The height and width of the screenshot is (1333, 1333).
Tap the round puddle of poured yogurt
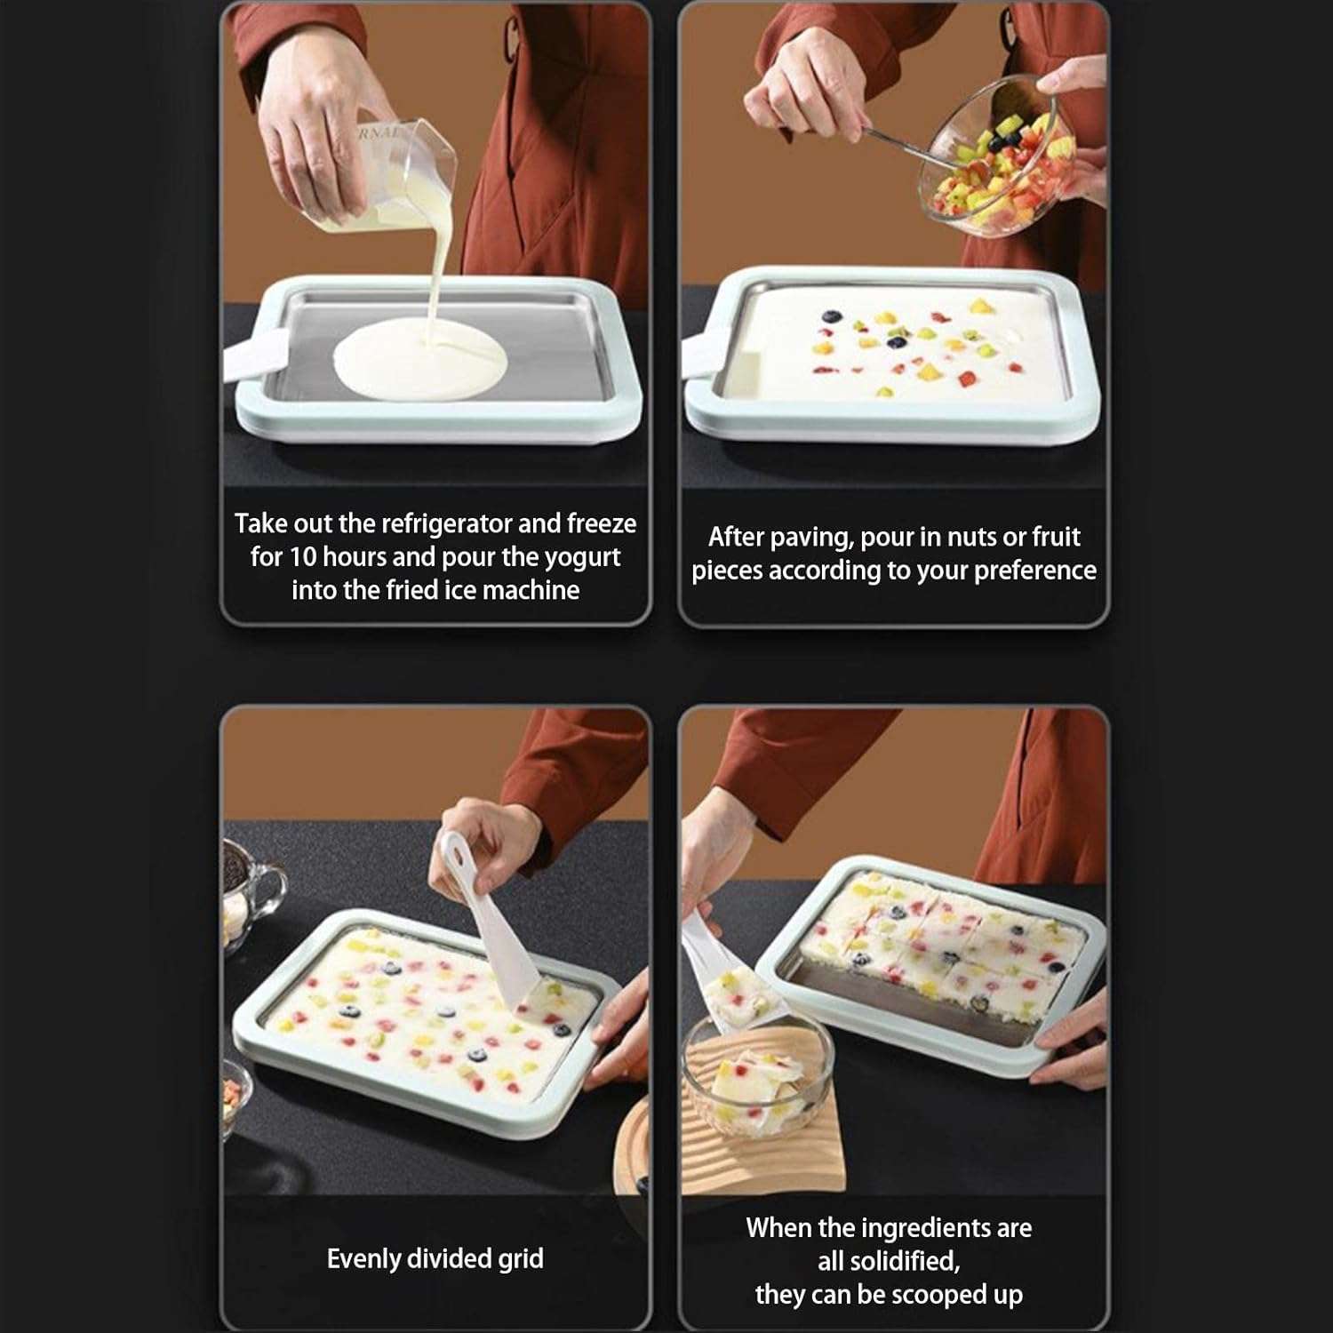(419, 359)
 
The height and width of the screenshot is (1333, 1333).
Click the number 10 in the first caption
(303, 557)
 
